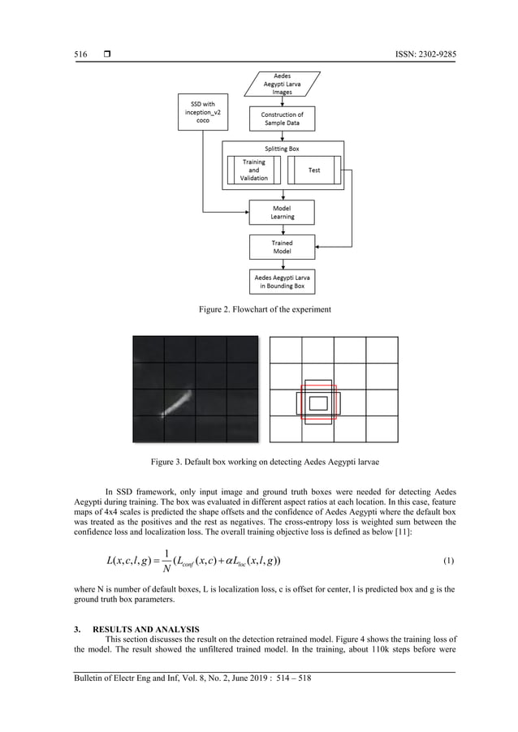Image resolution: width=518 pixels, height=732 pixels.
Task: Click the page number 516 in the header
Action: [80, 55]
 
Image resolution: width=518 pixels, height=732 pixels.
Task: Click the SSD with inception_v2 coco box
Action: [200, 112]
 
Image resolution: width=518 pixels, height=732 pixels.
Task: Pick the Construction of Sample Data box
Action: [282, 119]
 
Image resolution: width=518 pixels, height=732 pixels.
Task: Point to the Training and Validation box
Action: [253, 170]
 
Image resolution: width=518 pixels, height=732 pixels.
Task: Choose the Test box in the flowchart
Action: [314, 170]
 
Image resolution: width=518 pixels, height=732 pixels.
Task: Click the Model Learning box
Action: [282, 213]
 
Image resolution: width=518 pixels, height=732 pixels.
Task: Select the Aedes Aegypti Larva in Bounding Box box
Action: [282, 282]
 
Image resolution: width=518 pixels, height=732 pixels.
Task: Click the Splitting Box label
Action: [282, 149]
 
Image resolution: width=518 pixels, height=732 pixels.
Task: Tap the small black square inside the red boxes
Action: [319, 403]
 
